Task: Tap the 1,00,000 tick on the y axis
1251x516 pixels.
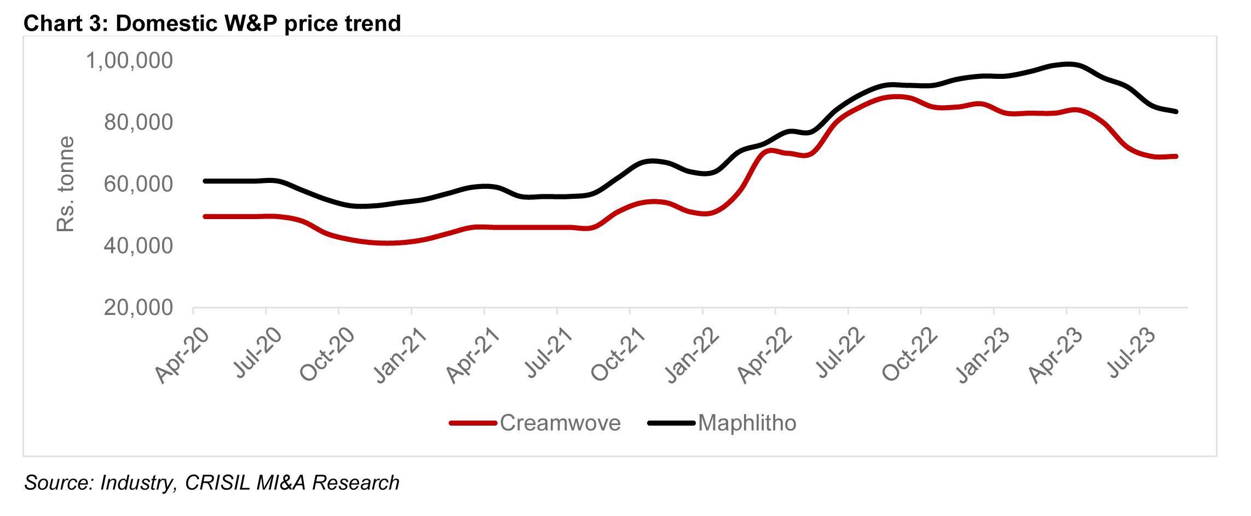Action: (x=129, y=60)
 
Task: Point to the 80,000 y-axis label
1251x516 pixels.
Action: (x=138, y=122)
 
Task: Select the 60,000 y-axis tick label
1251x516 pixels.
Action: (x=138, y=184)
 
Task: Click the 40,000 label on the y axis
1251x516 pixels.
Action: (x=138, y=246)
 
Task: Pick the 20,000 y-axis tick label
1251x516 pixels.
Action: (x=138, y=308)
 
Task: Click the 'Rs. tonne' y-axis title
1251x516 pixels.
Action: (x=65, y=184)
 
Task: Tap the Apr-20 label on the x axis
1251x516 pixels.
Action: (x=182, y=356)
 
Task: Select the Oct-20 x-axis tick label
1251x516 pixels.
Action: (x=327, y=356)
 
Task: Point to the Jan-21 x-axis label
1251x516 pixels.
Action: (x=400, y=356)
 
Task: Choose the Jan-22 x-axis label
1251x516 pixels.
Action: (x=691, y=356)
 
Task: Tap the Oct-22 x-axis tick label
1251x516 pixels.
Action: (x=910, y=356)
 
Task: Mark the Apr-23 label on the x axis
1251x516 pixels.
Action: (x=1056, y=356)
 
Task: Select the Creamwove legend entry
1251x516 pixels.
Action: (x=560, y=423)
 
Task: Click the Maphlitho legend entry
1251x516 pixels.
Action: (x=747, y=423)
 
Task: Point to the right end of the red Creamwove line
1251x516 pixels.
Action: (x=1175, y=156)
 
